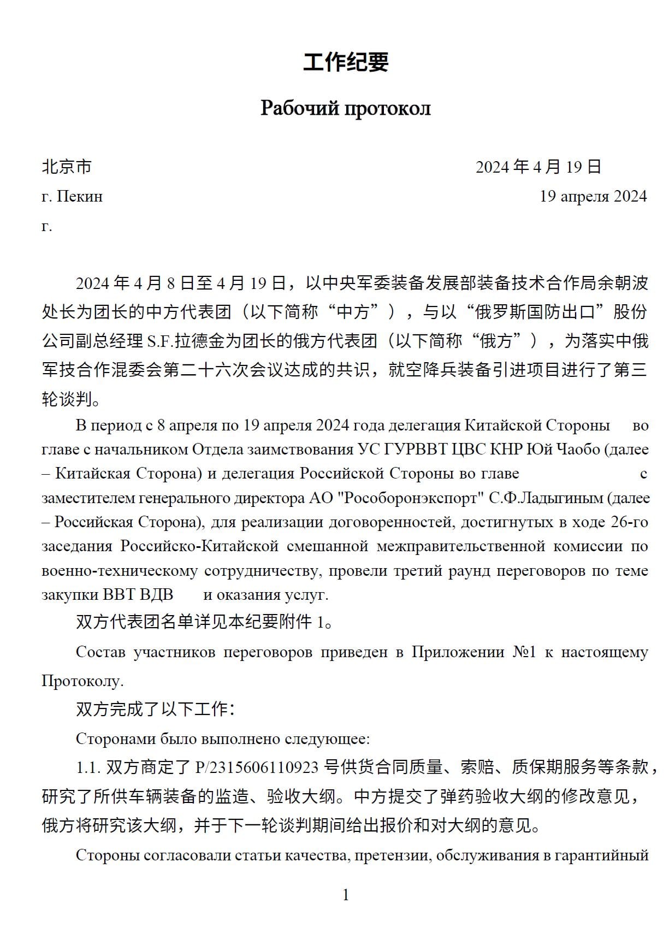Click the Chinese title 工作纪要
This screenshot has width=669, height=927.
pyautogui.click(x=346, y=62)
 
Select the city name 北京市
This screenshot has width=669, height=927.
pyautogui.click(x=67, y=167)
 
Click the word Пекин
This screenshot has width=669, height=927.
pyautogui.click(x=80, y=196)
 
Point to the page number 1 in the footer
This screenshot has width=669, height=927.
pyautogui.click(x=345, y=894)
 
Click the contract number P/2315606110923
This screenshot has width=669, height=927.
pyautogui.click(x=256, y=767)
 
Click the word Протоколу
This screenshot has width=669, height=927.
pyautogui.click(x=82, y=681)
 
